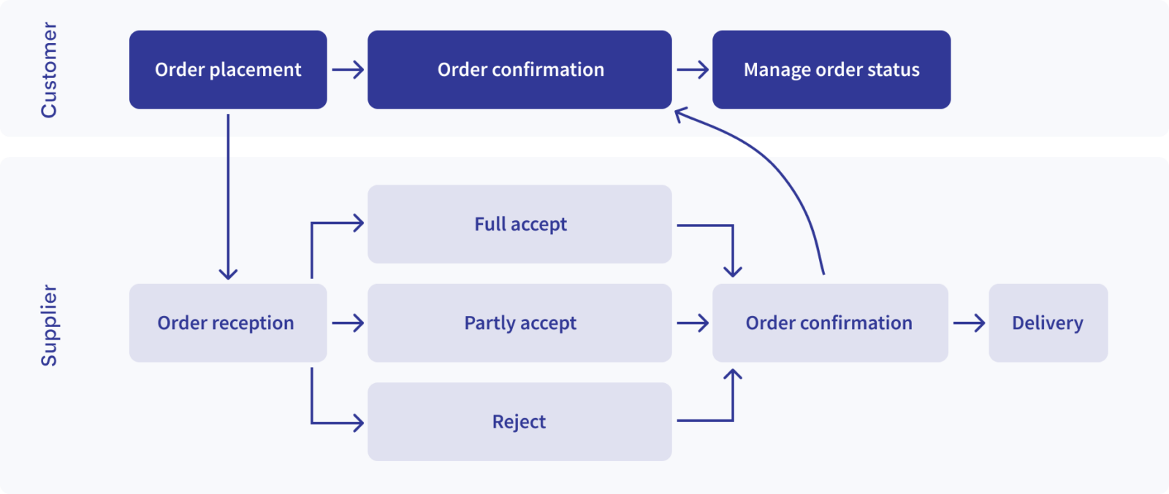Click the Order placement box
tap(228, 69)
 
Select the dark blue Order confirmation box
tap(519, 69)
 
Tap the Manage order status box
tap(831, 69)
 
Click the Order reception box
tap(227, 323)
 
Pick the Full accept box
tap(519, 224)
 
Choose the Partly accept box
tap(519, 323)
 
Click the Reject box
tap(519, 422)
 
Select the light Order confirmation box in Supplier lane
tap(830, 323)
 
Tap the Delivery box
tap(1048, 323)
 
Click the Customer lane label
tap(48, 69)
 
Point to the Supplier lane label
tap(48, 325)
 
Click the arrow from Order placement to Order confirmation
tap(348, 70)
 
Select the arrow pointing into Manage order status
tap(693, 70)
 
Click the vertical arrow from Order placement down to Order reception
tap(228, 197)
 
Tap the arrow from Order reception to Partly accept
tap(348, 323)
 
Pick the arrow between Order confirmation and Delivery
tap(969, 323)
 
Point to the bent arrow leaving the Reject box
tap(731, 409)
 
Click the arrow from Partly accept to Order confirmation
tap(693, 323)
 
